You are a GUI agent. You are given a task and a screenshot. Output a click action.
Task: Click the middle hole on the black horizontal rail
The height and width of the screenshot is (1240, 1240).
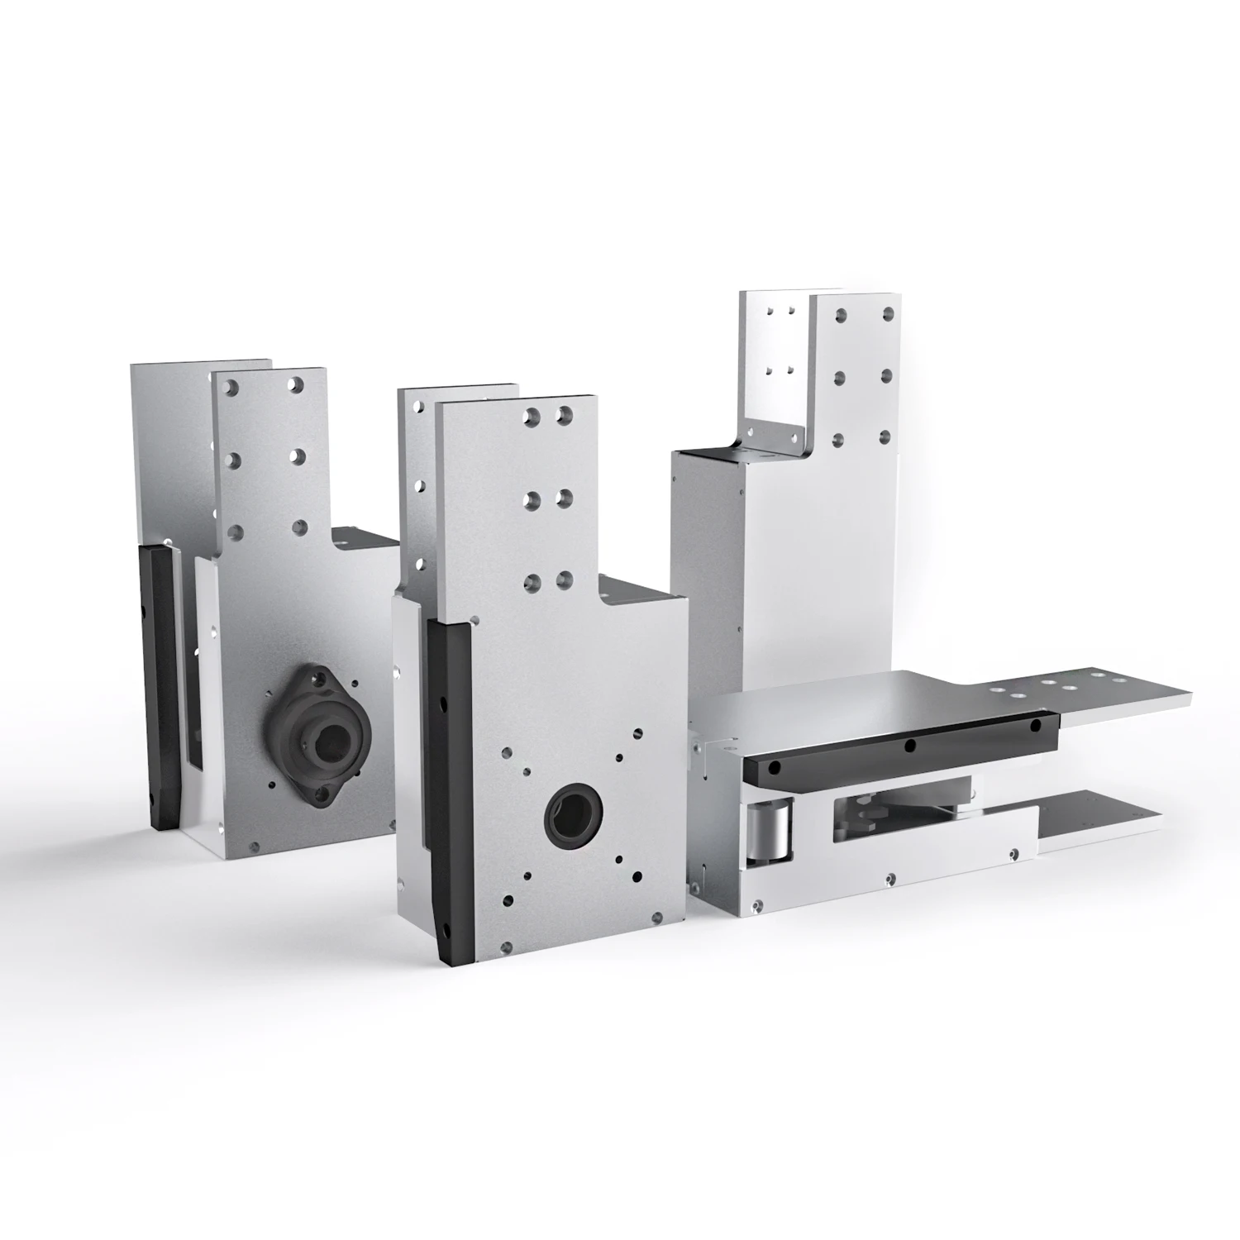click(x=909, y=745)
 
